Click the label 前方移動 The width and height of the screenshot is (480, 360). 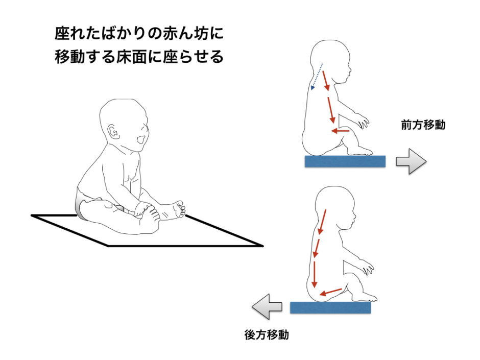point(423,125)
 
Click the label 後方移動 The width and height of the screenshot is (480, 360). point(267,334)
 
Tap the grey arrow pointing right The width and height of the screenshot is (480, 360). point(411,161)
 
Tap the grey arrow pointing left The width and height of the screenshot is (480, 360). point(267,306)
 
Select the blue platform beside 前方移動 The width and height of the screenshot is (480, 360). point(345,161)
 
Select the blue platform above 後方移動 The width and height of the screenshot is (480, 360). point(330,307)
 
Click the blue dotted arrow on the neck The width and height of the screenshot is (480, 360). point(317,77)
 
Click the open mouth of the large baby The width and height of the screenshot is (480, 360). point(141,140)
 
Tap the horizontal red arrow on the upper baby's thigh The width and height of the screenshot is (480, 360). point(341,131)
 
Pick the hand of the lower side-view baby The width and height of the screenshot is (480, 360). point(368,267)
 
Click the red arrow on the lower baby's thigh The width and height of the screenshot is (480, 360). point(330,293)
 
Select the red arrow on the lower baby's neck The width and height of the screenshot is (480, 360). point(322,222)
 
